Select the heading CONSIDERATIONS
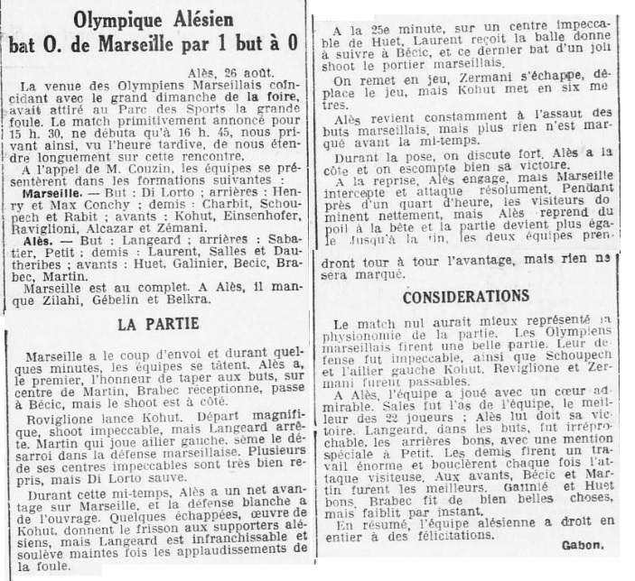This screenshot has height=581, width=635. pyautogui.click(x=466, y=297)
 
